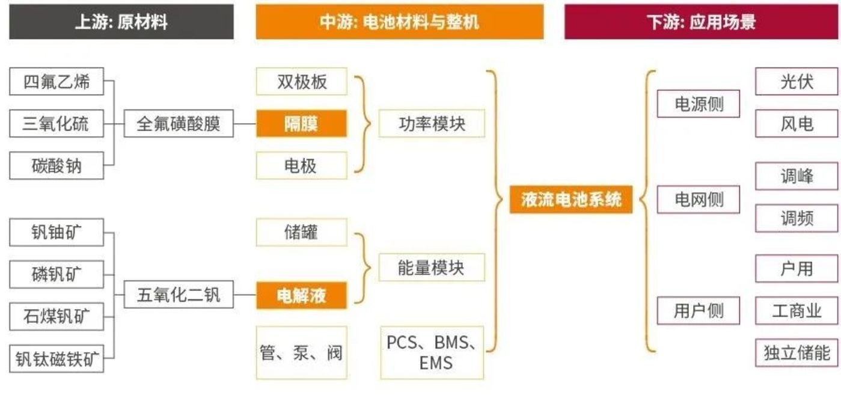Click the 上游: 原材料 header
[121, 22]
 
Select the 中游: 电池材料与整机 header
[399, 22]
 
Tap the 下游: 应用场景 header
[701, 22]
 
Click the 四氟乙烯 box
[57, 81]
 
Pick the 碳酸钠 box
[57, 165]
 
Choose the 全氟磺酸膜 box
[179, 124]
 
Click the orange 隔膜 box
[301, 123]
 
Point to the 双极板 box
[301, 81]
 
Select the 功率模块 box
[432, 124]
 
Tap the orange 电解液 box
[301, 295]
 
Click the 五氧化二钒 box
[179, 295]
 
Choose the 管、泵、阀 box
[301, 352]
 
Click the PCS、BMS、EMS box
[432, 352]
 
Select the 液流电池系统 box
[570, 199]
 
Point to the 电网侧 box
[699, 199]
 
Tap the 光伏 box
[797, 81]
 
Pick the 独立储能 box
[797, 352]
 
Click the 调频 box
[797, 218]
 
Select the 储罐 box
[301, 232]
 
